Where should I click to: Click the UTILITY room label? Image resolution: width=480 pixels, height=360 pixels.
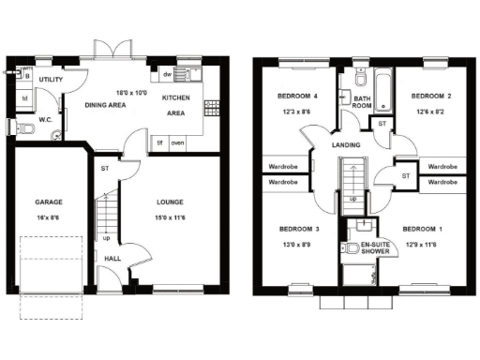point(52,82)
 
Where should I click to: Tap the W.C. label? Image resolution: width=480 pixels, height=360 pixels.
point(45,120)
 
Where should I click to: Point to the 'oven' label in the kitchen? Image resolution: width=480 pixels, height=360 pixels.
point(177,142)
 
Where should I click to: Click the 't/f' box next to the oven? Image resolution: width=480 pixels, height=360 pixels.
point(160,142)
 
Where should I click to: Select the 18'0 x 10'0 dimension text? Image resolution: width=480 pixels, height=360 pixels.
point(132,93)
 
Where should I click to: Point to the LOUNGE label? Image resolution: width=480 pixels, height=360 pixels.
point(170,202)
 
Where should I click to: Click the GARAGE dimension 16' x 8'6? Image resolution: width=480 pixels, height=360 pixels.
point(49,217)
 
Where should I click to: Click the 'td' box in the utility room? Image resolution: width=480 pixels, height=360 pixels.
point(25,97)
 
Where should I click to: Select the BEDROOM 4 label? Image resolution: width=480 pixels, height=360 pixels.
point(296,97)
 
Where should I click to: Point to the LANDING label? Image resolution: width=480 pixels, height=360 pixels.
point(347,144)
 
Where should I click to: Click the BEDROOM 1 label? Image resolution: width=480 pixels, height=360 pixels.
point(422,230)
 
